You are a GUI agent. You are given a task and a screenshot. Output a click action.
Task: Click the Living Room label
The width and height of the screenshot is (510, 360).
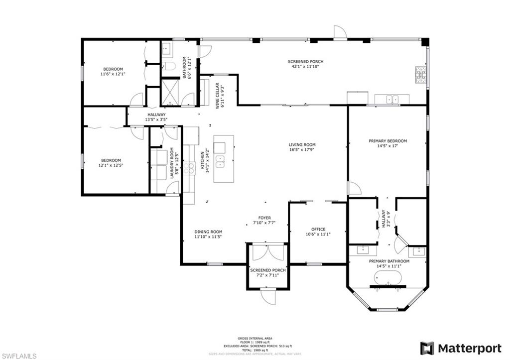point(302,145)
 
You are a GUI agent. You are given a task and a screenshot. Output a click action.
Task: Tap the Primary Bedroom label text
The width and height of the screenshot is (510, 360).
point(387,141)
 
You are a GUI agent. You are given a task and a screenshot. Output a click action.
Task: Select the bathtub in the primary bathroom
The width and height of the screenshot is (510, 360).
point(387,278)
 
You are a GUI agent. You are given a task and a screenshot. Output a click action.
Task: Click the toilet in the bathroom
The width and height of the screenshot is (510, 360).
point(169,66)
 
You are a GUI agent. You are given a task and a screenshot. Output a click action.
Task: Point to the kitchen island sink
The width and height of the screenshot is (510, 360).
point(220,161)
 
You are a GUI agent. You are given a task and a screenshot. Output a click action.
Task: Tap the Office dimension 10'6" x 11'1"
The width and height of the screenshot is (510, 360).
point(318,234)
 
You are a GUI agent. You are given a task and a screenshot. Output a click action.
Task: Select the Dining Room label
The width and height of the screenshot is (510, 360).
point(208,232)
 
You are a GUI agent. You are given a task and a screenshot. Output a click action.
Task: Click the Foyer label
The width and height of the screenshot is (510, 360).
point(264,218)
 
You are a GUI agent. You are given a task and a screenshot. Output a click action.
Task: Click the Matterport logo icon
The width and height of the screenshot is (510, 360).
point(427,348)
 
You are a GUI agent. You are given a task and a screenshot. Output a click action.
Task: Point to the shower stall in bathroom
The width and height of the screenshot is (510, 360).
point(170,93)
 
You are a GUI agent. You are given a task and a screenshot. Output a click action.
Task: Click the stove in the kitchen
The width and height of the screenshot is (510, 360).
point(189,168)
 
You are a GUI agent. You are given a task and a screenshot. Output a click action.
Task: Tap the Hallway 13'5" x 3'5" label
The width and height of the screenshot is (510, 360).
point(156,117)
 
